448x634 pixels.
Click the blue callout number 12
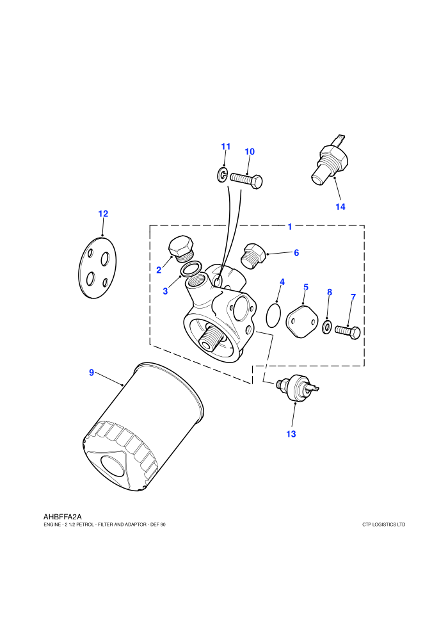click(103, 213)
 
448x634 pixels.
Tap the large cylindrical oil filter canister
click(144, 427)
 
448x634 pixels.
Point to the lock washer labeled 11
click(222, 175)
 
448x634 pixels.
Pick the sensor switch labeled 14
click(330, 161)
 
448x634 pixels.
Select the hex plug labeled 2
click(181, 248)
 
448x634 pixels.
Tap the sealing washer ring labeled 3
click(191, 269)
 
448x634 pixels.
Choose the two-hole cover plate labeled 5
click(301, 321)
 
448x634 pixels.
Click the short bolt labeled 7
click(348, 332)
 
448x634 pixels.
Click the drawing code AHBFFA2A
click(63, 517)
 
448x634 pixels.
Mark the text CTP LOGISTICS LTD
click(384, 525)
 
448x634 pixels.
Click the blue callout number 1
click(290, 227)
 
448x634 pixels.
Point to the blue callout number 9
click(92, 372)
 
